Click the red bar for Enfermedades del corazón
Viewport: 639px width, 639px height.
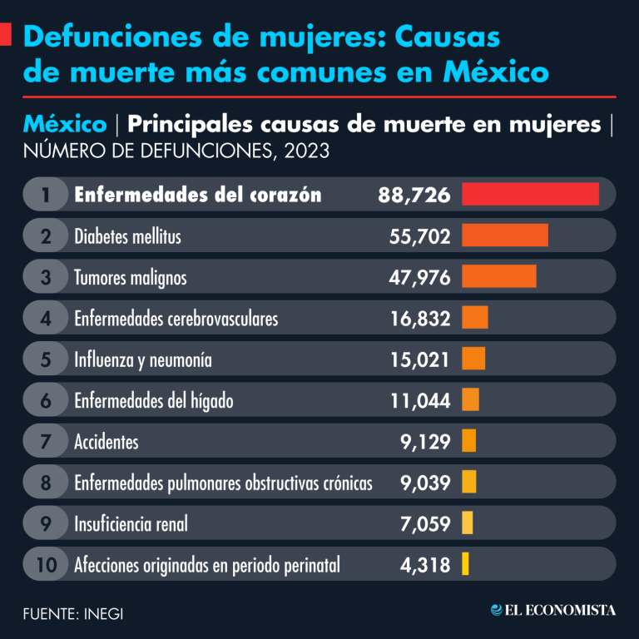point(530,194)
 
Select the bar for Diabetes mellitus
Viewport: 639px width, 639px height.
point(504,235)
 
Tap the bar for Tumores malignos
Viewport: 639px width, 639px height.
point(498,276)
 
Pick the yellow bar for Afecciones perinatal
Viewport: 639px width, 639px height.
point(465,564)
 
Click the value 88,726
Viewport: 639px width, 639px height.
point(414,195)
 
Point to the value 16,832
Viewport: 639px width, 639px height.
point(419,318)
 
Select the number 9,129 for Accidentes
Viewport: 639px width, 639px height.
point(424,441)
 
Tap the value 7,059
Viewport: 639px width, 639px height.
point(424,523)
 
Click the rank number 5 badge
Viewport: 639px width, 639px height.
point(46,359)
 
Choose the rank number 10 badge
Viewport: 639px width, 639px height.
point(46,565)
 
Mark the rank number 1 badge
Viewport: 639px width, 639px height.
point(46,195)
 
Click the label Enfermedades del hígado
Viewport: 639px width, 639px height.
point(153,400)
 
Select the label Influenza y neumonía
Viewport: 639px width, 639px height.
point(142,359)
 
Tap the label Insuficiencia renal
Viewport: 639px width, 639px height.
point(131,523)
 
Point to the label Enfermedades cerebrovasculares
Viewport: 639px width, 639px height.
point(176,318)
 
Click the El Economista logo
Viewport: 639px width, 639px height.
point(552,610)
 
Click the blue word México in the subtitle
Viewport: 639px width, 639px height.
point(65,125)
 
